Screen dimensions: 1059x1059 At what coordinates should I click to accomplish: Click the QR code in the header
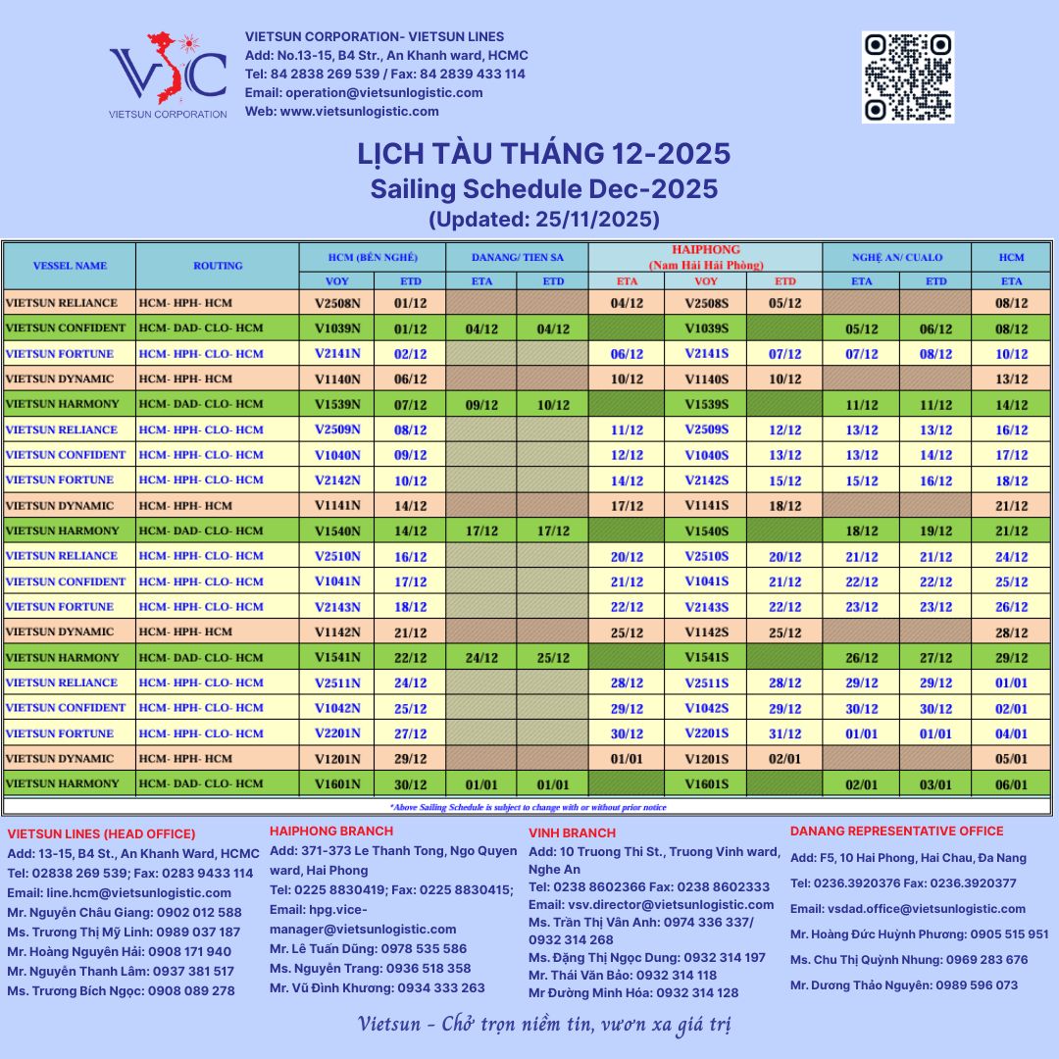tap(907, 76)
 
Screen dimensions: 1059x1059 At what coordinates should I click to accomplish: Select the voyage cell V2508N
tap(337, 303)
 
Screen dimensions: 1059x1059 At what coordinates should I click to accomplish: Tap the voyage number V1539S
tap(706, 404)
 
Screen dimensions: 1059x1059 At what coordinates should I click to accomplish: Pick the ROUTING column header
tap(218, 265)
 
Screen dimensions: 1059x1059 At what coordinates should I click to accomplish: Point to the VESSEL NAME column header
tap(70, 265)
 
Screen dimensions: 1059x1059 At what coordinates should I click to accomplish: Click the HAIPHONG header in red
tap(706, 250)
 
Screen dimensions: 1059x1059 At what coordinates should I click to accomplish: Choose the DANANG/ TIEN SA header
tap(517, 257)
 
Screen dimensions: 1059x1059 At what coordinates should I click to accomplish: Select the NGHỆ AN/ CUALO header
tap(896, 257)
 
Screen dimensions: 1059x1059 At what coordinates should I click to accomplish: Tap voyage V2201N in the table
tap(337, 733)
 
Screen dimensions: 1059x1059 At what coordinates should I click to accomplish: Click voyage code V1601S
tap(706, 783)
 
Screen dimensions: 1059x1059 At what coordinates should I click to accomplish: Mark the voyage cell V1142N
tap(337, 631)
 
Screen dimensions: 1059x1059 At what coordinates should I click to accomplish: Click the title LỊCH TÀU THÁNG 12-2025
tap(544, 154)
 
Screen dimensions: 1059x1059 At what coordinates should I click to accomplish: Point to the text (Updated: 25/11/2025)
tap(544, 218)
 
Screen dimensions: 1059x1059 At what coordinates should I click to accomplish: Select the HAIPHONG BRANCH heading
tap(331, 832)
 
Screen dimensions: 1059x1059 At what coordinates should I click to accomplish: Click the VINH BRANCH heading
tap(573, 832)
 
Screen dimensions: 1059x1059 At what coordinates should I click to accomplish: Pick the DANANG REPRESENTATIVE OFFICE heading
tap(896, 832)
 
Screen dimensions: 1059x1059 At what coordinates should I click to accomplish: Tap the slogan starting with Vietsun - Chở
tap(544, 1026)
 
